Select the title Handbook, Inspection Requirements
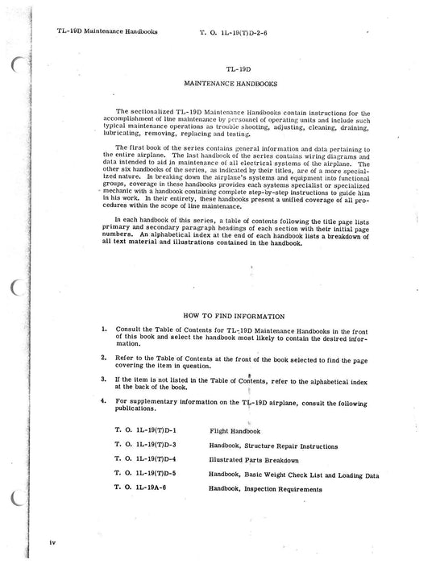pos(266,488)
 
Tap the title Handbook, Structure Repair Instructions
pos(273,445)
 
